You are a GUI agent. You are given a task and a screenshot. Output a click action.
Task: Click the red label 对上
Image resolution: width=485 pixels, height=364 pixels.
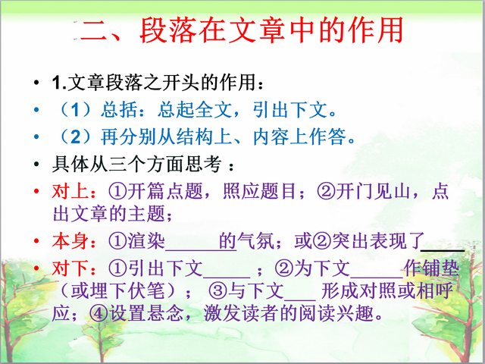[70, 191]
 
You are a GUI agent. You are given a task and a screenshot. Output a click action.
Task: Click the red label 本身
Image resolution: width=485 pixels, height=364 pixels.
[70, 241]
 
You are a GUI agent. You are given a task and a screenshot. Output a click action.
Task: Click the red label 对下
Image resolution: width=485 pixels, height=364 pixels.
[70, 268]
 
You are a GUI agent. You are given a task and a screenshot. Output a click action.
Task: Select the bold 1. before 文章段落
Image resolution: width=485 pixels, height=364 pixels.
[59, 83]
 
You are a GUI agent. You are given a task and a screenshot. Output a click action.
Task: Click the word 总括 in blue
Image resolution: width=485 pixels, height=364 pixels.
[119, 110]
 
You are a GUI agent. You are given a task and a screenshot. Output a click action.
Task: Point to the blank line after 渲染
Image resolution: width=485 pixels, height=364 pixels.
[192, 249]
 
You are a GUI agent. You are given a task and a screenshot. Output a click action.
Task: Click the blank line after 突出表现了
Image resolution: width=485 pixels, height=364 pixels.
[443, 249]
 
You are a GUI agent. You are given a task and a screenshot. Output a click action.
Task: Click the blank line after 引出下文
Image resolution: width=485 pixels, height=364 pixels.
[226, 277]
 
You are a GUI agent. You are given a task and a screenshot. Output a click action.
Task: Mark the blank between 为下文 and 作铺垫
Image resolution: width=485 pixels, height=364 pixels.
[377, 277]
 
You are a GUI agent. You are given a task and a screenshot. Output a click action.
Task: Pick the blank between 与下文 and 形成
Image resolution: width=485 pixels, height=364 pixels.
[300, 300]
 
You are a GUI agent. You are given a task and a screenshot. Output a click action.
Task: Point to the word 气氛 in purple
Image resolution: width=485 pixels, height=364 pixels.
[256, 241]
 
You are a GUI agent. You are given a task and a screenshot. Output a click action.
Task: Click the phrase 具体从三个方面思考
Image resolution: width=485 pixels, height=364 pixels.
[137, 164]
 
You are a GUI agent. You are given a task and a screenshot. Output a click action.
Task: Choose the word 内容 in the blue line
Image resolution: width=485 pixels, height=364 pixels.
[271, 136]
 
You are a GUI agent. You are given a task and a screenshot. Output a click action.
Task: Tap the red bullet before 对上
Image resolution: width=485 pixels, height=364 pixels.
[36, 191]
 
